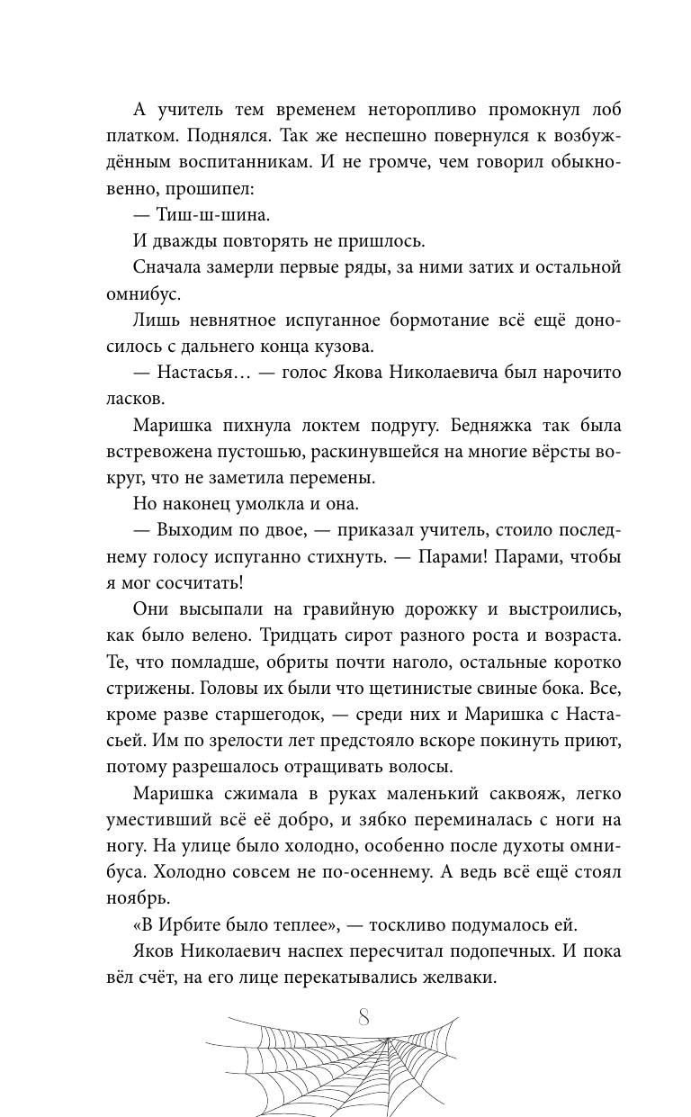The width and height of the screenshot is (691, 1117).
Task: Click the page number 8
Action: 363,1018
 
